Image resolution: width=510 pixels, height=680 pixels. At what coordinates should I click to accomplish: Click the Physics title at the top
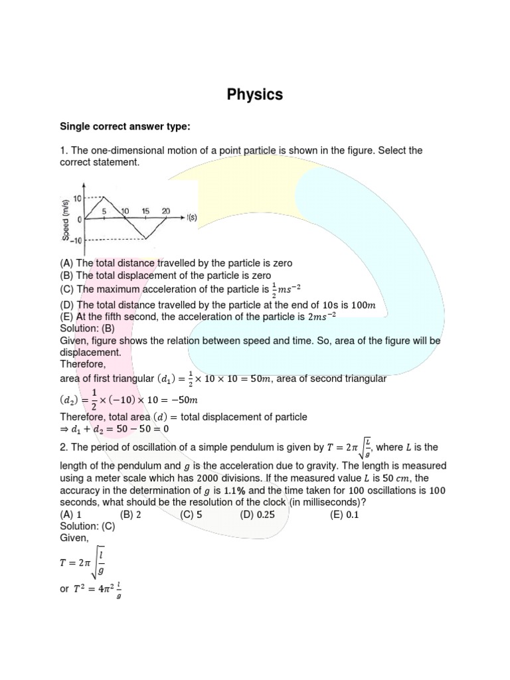click(x=255, y=94)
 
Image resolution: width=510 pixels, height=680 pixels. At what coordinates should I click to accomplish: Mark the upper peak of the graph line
click(x=104, y=197)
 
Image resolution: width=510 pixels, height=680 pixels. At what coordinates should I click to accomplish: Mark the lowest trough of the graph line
click(x=146, y=238)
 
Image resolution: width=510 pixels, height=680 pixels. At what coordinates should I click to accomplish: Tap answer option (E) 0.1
click(x=344, y=514)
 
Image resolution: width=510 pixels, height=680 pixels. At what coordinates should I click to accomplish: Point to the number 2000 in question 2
click(x=209, y=478)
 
